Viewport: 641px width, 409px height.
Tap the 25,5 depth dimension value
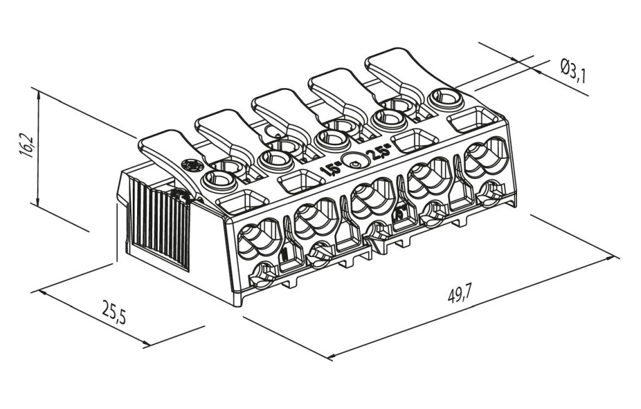114,311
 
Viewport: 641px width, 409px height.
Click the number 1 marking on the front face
284,253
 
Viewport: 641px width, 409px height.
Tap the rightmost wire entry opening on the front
486,156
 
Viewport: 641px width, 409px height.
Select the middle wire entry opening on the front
373,197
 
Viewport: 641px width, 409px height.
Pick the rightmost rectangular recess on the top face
474,119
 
